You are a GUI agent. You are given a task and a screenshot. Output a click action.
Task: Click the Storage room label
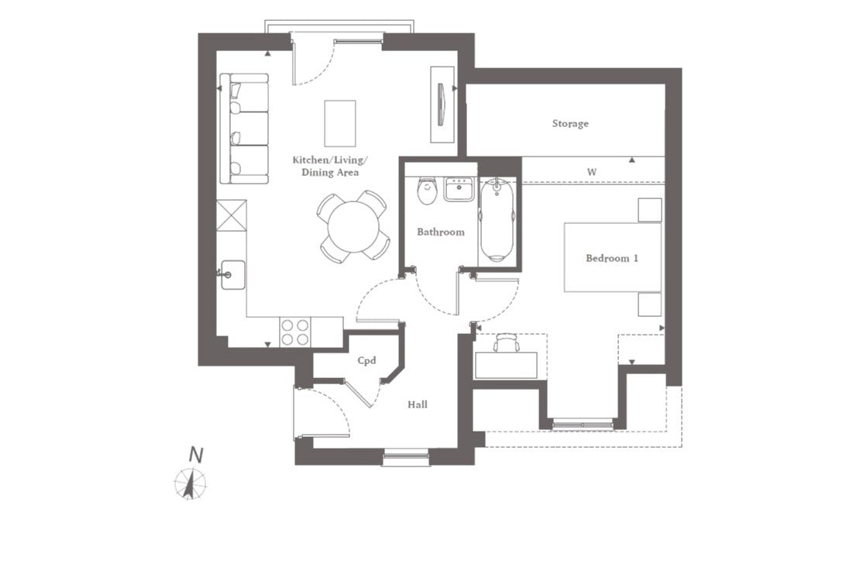569,124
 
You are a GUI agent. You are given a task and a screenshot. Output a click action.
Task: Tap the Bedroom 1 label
612,258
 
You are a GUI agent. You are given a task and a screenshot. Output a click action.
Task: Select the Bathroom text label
440,232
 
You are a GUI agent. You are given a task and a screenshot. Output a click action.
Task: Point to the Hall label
418,404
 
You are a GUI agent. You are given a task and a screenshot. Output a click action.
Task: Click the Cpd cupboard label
366,360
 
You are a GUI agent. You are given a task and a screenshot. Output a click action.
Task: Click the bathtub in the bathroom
497,220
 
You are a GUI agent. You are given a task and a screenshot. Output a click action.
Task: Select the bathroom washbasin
459,189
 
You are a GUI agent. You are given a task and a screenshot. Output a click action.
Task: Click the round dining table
353,227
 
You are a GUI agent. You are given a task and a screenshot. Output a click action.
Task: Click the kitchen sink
232,275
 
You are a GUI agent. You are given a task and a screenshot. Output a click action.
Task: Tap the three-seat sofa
244,129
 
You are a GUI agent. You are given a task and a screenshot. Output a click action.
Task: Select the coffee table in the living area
340,123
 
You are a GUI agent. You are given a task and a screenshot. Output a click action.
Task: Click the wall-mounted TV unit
442,105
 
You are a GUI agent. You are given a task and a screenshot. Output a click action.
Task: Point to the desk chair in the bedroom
506,342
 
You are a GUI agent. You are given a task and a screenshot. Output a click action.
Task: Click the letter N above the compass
196,456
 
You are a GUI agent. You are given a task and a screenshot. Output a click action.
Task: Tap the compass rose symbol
190,483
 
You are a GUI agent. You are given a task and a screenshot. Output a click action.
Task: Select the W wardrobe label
592,172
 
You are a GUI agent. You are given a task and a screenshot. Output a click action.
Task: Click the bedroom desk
506,366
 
